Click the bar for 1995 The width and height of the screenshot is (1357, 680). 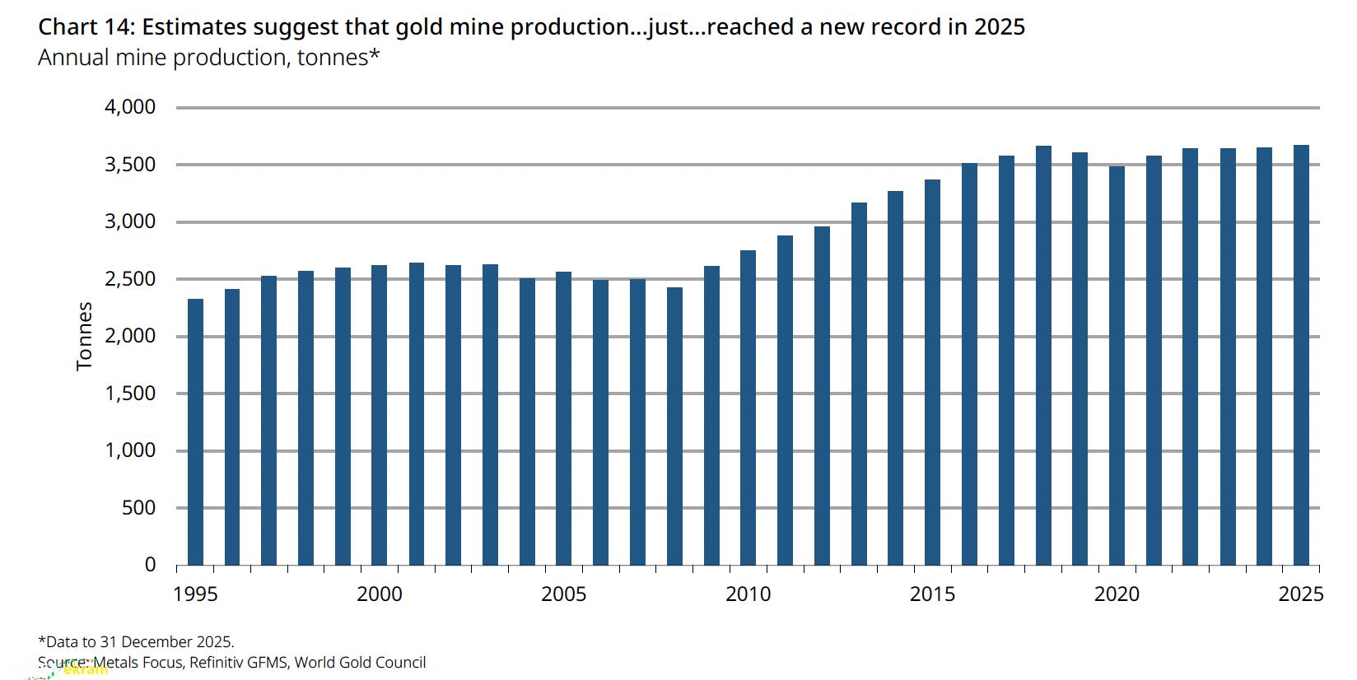pos(195,431)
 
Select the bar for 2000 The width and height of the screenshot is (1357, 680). pos(380,415)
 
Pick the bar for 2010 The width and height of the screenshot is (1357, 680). pos(748,408)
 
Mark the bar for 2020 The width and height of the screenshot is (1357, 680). pos(1117,366)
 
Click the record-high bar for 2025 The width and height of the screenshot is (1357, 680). pos(1301,355)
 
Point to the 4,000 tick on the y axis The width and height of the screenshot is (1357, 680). pos(130,107)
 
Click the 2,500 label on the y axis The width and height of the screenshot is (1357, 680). pos(130,279)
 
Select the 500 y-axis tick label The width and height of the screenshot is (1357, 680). pos(138,508)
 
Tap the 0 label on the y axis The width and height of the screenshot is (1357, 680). pos(150,565)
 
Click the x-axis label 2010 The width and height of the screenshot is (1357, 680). pos(748,594)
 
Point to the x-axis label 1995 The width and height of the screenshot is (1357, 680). pos(195,594)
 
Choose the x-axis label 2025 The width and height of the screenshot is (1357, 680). pos(1300,594)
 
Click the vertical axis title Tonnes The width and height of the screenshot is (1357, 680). pos(84,336)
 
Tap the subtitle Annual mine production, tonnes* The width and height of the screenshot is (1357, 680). pos(208,58)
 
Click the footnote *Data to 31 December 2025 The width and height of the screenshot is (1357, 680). pos(136,642)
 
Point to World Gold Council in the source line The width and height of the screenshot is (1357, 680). pos(360,662)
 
